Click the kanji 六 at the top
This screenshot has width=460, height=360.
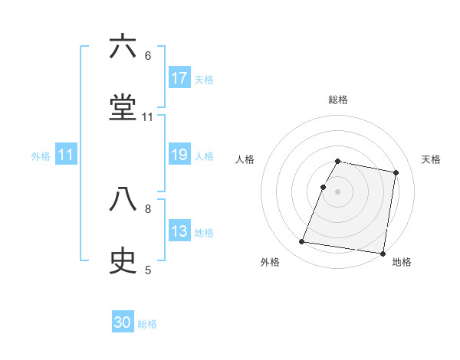tap(123, 47)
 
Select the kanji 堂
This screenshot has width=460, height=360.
tap(123, 108)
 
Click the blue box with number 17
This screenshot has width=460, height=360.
tap(179, 78)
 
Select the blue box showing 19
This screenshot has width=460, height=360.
tap(179, 155)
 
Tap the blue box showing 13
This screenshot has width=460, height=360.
tap(179, 231)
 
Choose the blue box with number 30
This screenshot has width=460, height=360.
tap(123, 322)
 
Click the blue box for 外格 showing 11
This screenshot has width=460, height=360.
tap(66, 155)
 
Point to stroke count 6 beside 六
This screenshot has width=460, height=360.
tap(148, 56)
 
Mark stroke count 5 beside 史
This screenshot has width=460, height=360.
tap(148, 270)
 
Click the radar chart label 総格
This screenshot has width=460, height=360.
tap(338, 100)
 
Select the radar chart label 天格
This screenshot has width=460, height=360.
tap(431, 159)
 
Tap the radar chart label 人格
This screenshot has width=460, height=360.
tap(245, 159)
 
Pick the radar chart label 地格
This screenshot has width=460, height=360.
tap(402, 262)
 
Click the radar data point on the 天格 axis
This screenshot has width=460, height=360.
tap(396, 173)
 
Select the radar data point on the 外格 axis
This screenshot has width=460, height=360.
tap(302, 242)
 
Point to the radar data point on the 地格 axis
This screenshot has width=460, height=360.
tap(382, 253)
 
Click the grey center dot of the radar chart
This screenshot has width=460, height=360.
tap(338, 191)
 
